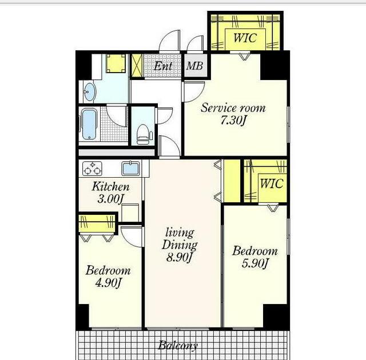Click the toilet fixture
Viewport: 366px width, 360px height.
(x=143, y=134)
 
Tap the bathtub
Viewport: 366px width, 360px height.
(x=89, y=124)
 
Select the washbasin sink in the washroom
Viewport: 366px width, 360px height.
(x=89, y=91)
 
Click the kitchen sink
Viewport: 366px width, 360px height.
(x=131, y=168)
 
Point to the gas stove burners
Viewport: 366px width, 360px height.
(x=92, y=169)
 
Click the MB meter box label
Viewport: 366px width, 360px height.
(x=194, y=66)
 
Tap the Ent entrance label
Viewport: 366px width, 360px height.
(x=163, y=66)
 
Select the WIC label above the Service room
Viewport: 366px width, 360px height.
(x=245, y=38)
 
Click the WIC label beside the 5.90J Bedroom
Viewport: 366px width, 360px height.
(x=272, y=183)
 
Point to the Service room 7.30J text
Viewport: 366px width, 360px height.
(x=233, y=114)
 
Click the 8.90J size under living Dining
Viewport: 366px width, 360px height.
(x=179, y=257)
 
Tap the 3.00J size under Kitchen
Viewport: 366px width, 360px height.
(x=110, y=199)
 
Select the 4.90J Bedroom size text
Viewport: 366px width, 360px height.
(x=108, y=283)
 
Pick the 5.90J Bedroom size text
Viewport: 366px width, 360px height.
(x=255, y=263)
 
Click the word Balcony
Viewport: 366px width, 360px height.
(x=178, y=345)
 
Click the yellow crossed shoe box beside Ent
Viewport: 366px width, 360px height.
(x=137, y=66)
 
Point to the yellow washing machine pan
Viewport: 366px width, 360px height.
(x=116, y=63)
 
